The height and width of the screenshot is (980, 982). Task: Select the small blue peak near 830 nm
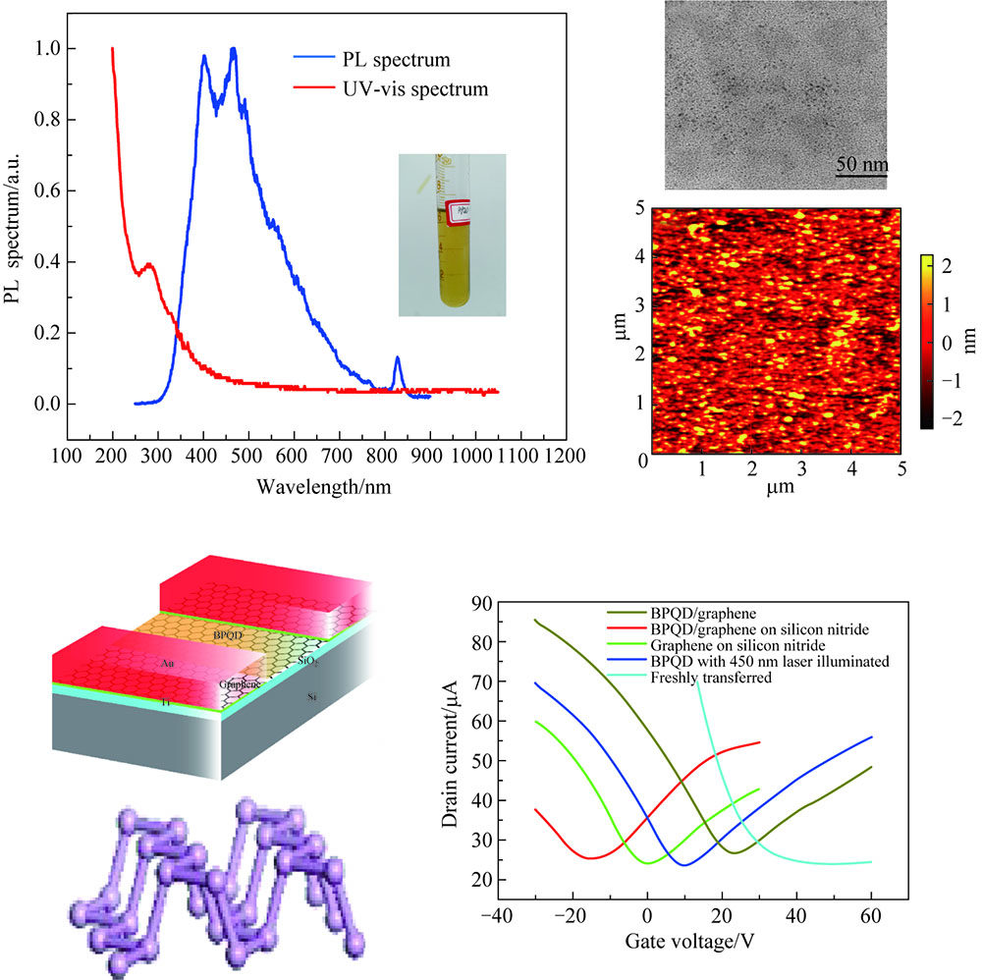[x=398, y=360]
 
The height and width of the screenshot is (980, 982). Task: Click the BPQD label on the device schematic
[x=227, y=636]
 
